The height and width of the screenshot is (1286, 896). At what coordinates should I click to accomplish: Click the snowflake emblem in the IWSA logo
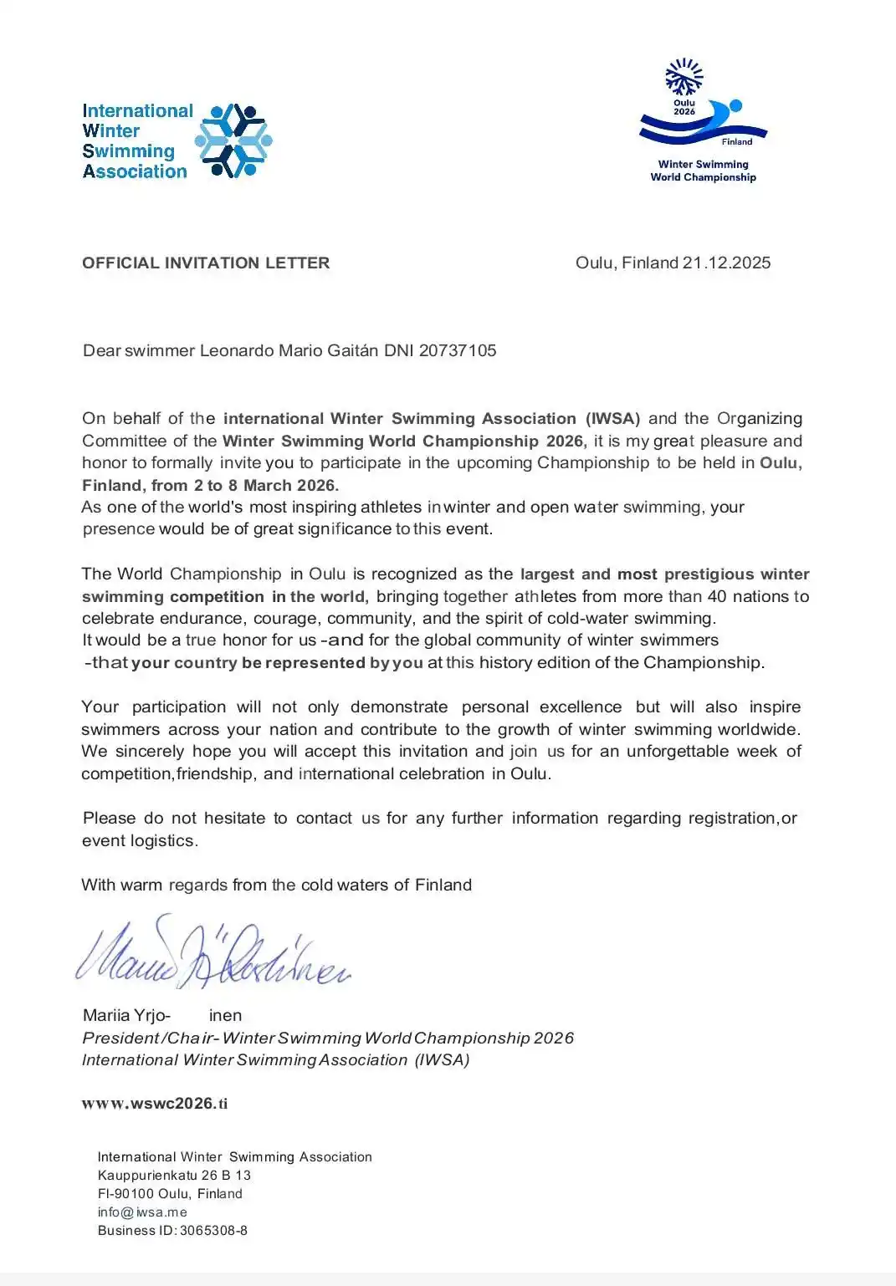coord(233,140)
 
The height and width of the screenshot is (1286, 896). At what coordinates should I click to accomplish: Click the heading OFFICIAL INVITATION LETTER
coord(206,263)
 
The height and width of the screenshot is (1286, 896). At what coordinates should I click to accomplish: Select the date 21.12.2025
coord(726,263)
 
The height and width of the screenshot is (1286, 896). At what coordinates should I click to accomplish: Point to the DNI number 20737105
coord(458,350)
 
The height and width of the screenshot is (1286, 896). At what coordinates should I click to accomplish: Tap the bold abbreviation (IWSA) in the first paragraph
coord(612,418)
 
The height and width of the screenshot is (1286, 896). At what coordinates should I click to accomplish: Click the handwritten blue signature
coord(213,953)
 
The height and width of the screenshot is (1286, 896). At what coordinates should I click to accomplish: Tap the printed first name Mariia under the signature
coord(106,1015)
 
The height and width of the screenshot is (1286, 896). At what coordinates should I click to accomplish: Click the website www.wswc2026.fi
coord(155,1103)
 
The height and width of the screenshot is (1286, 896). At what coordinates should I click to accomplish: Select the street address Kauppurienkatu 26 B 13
coord(174,1175)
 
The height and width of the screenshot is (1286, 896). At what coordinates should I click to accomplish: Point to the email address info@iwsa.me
coord(142,1212)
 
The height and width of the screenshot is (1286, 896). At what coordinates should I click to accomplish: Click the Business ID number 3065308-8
coord(213,1230)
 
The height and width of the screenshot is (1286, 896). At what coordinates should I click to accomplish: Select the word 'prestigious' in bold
coord(709,574)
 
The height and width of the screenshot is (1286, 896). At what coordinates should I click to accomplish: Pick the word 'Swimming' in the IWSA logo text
coord(128,151)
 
